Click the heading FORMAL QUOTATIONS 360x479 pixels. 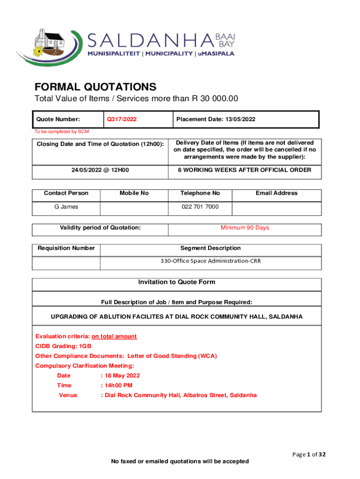(x=95, y=87)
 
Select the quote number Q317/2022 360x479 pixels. (x=122, y=119)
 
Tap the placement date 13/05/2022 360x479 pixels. (x=240, y=119)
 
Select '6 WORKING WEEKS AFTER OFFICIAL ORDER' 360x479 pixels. (x=245, y=170)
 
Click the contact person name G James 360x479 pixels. (x=66, y=207)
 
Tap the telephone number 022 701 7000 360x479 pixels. (x=200, y=207)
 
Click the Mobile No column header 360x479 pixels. (x=134, y=193)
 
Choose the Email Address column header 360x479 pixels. (x=276, y=193)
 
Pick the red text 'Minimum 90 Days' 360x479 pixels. (x=245, y=228)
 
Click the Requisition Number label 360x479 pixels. (x=66, y=248)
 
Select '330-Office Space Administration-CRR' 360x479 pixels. (x=210, y=261)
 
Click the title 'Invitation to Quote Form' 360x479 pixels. (x=176, y=283)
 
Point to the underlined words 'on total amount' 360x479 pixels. (x=114, y=336)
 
